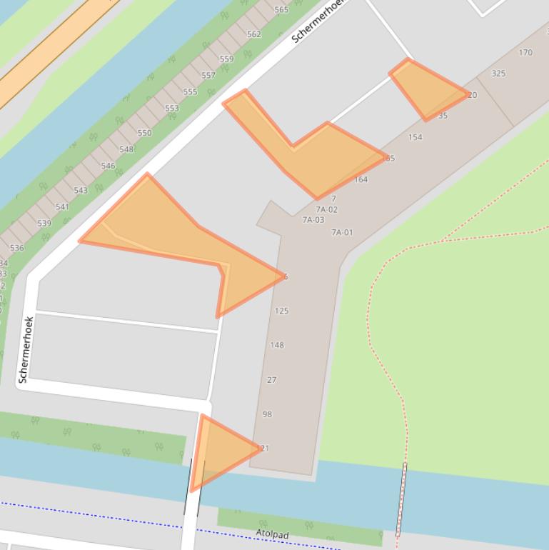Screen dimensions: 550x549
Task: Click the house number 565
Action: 281,10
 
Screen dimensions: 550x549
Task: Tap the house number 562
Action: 254,34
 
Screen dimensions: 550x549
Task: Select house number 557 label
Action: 208,75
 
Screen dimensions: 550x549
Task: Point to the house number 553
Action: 172,109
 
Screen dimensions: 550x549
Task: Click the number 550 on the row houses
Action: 144,133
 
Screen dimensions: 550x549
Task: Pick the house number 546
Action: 108,166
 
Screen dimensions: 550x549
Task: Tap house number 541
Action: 63,207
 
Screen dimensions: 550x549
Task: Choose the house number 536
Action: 16,248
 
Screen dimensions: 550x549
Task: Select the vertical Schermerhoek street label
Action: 26,350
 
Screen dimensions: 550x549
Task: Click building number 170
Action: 525,52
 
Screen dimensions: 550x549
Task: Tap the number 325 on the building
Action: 498,74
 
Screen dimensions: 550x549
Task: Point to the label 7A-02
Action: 327,210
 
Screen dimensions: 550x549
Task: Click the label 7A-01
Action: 342,232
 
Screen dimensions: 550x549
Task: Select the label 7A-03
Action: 313,220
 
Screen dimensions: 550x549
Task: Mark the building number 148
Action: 277,345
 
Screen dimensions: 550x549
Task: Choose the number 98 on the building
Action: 267,414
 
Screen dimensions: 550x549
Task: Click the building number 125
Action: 281,311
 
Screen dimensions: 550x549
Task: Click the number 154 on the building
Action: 415,137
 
